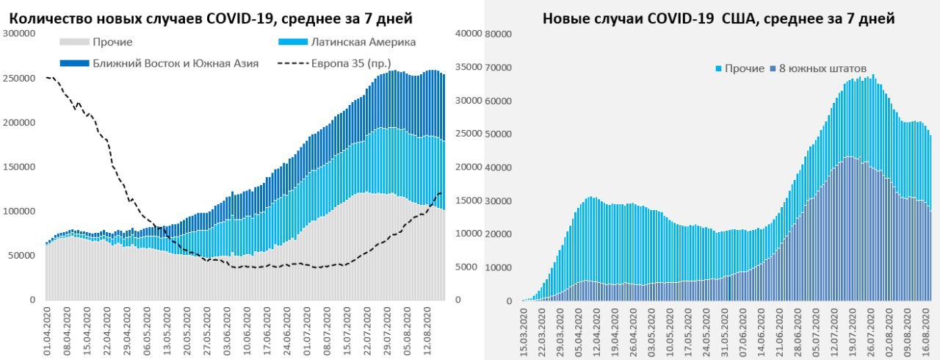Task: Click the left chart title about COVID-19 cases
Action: (211, 18)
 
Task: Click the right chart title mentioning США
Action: (718, 19)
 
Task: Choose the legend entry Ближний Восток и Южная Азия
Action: (176, 63)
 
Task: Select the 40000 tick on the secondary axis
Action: (467, 33)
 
